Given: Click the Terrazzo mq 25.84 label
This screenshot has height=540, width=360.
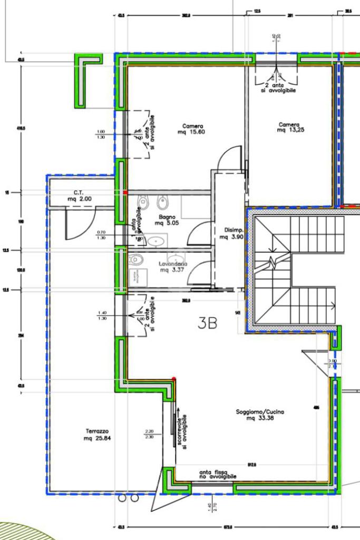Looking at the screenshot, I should [97, 435].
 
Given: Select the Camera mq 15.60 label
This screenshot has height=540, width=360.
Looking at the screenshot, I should [193, 129].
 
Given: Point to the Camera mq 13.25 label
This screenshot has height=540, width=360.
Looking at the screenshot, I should [289, 128].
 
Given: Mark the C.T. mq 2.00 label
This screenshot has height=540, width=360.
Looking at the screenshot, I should [79, 196].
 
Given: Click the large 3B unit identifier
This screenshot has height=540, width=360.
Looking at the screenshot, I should [208, 323].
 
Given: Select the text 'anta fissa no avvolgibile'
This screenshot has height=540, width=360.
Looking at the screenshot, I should [217, 475].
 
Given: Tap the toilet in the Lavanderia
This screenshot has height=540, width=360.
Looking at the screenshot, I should [137, 259].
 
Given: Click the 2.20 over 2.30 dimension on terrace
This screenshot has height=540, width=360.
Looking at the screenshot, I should [149, 434].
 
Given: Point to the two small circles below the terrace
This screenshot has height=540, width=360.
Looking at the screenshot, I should [128, 498].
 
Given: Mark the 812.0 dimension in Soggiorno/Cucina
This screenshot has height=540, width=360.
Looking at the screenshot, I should [252, 465].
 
